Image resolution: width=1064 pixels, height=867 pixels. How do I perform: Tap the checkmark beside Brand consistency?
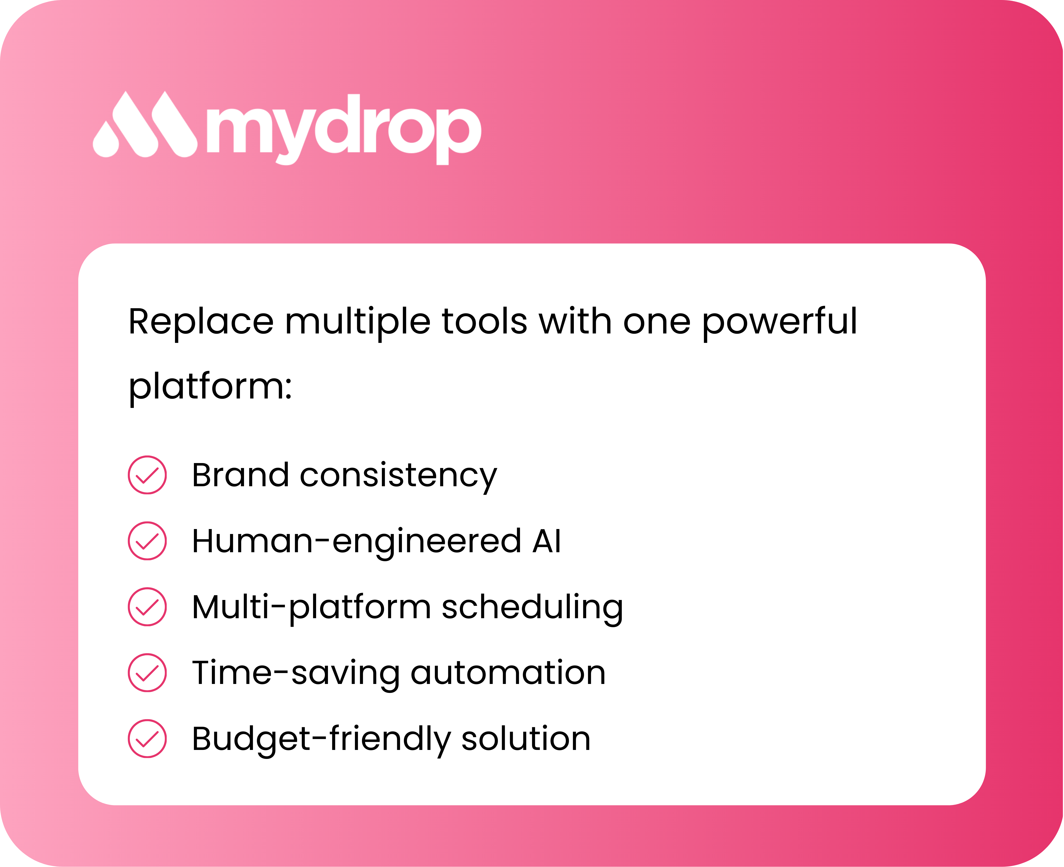pyautogui.click(x=147, y=475)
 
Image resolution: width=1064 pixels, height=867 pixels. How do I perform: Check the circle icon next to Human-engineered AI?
pyautogui.click(x=147, y=541)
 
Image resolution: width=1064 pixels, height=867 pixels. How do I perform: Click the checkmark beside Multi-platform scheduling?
pyautogui.click(x=147, y=607)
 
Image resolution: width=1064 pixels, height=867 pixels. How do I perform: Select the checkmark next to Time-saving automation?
pyautogui.click(x=147, y=673)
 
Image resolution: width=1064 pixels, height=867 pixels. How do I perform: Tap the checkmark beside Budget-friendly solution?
pyautogui.click(x=147, y=739)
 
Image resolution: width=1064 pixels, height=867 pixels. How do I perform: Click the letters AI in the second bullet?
pyautogui.click(x=547, y=541)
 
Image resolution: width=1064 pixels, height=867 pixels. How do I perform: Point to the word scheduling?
pyautogui.click(x=532, y=608)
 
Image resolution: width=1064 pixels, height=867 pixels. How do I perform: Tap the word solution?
pyautogui.click(x=526, y=739)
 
